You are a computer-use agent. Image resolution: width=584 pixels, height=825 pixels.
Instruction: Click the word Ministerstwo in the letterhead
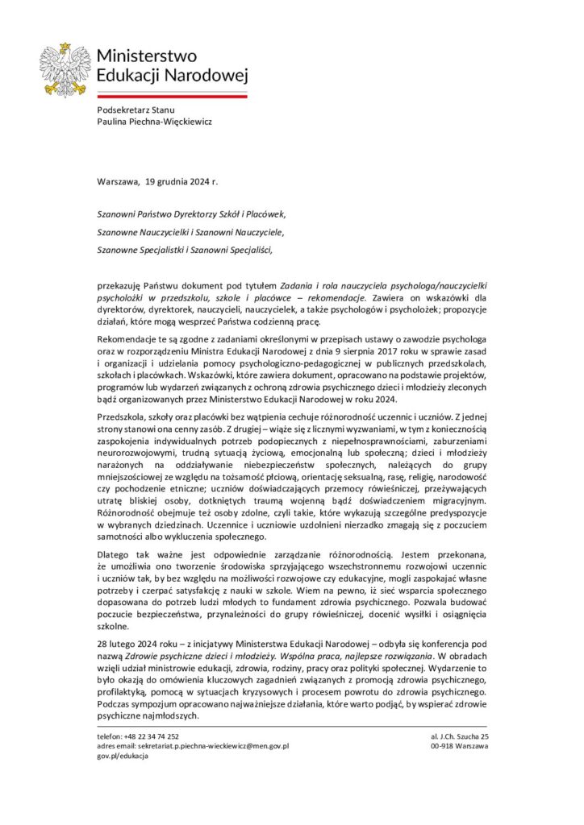[x=146, y=56]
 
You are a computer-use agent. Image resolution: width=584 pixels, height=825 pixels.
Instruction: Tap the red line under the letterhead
[x=171, y=95]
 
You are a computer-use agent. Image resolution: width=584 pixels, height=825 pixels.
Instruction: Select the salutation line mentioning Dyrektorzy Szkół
[x=191, y=215]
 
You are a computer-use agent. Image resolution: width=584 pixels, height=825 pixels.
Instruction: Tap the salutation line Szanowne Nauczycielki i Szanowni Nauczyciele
[x=190, y=232]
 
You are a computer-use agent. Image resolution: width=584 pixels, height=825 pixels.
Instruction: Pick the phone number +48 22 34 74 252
[x=138, y=737]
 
